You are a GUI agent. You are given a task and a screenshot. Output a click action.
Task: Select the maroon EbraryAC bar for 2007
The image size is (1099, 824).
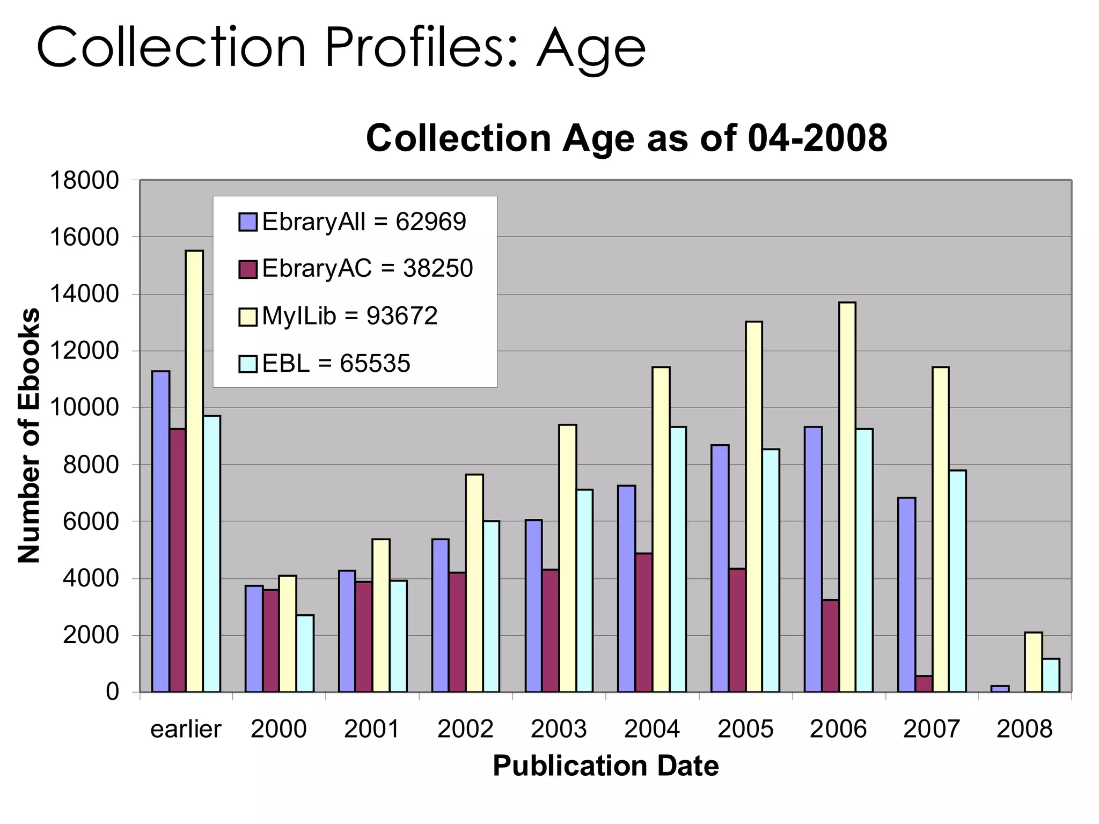pyautogui.click(x=924, y=684)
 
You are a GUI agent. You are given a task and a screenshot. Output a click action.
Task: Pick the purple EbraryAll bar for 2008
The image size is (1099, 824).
pyautogui.click(x=1000, y=689)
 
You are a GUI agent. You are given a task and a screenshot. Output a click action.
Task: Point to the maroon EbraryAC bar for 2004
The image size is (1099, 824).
pyautogui.click(x=644, y=622)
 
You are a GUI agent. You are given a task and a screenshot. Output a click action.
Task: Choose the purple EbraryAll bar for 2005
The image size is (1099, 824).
pyautogui.click(x=720, y=568)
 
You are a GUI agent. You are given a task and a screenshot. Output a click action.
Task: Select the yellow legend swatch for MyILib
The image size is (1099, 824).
pyautogui.click(x=248, y=317)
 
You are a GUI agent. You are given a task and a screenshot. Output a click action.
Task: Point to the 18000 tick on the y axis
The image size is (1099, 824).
pyautogui.click(x=84, y=181)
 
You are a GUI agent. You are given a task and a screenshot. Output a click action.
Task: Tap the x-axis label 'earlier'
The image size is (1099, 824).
pyautogui.click(x=186, y=729)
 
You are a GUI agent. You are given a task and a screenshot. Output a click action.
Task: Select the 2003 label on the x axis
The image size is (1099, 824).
pyautogui.click(x=559, y=729)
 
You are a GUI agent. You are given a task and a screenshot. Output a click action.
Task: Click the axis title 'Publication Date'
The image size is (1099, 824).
pyautogui.click(x=605, y=766)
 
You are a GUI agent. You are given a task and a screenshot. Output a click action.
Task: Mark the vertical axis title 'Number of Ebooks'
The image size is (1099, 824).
pyautogui.click(x=29, y=436)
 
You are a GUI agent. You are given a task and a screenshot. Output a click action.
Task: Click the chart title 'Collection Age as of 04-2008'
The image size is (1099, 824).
pyautogui.click(x=626, y=138)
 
